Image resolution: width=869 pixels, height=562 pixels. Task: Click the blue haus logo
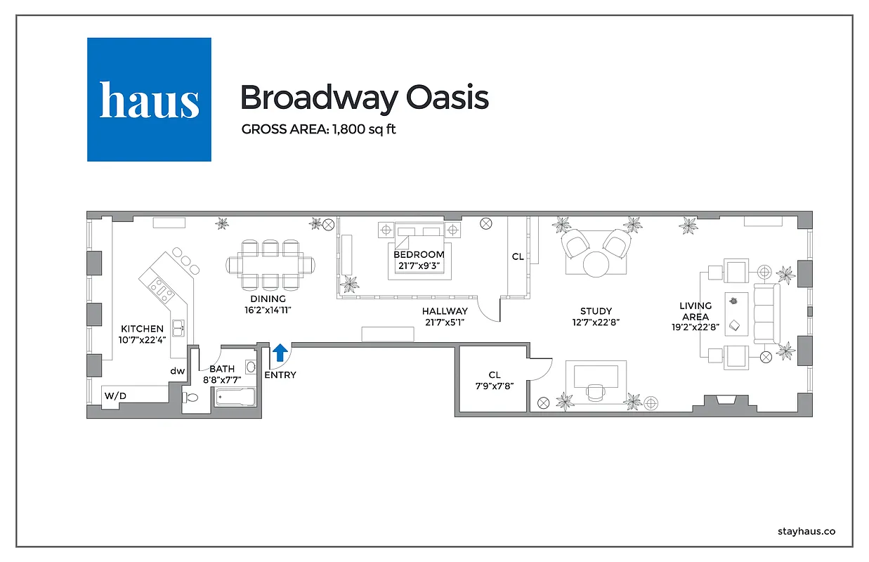tap(149, 99)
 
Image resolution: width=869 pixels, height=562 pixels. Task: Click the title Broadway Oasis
tap(364, 98)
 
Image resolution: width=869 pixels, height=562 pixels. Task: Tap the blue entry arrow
tap(280, 352)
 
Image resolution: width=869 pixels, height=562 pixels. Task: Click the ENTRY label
tap(280, 375)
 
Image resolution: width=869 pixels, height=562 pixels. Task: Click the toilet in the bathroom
tap(192, 398)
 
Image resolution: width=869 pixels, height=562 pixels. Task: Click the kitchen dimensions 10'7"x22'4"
tap(142, 340)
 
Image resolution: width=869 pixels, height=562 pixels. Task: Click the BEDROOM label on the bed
tap(419, 254)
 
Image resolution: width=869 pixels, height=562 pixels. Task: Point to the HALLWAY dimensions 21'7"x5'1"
tap(445, 322)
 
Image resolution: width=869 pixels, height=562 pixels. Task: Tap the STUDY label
tap(596, 311)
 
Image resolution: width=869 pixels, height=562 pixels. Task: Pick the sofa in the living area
tap(766, 313)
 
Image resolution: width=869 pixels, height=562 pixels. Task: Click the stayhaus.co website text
tap(806, 532)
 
